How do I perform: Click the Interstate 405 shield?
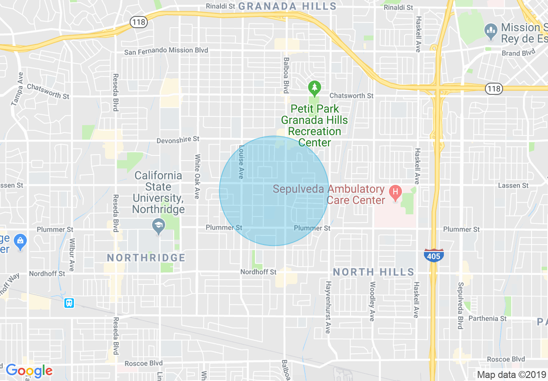[x=433, y=255]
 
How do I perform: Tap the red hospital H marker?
[x=394, y=191]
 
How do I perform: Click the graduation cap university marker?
[x=159, y=226]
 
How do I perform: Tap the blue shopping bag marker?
[x=20, y=241]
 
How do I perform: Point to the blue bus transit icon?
[x=69, y=303]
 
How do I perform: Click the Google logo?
[x=29, y=371]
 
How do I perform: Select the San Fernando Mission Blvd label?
[x=166, y=51]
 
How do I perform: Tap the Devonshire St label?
[x=178, y=139]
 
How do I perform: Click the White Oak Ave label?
[x=197, y=176]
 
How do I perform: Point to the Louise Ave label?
[x=241, y=161]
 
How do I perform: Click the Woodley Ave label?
[x=372, y=301]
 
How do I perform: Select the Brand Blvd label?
[x=518, y=52]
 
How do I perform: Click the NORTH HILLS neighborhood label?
[x=373, y=272]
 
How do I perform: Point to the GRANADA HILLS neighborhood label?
[x=287, y=6]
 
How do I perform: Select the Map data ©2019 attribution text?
[x=510, y=374]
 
